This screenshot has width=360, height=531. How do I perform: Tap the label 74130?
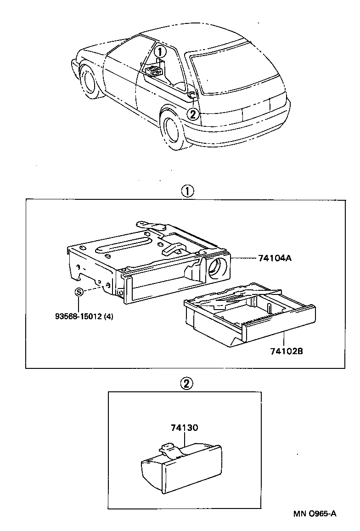[184, 428]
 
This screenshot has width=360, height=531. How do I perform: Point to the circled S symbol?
[79, 292]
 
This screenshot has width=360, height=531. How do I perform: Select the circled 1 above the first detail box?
[187, 191]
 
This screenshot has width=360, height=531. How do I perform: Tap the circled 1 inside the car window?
[159, 51]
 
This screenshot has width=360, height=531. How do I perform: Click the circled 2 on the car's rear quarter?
[193, 113]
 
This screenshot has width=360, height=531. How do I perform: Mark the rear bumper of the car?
[239, 131]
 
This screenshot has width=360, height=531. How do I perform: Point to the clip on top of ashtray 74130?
[169, 449]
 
